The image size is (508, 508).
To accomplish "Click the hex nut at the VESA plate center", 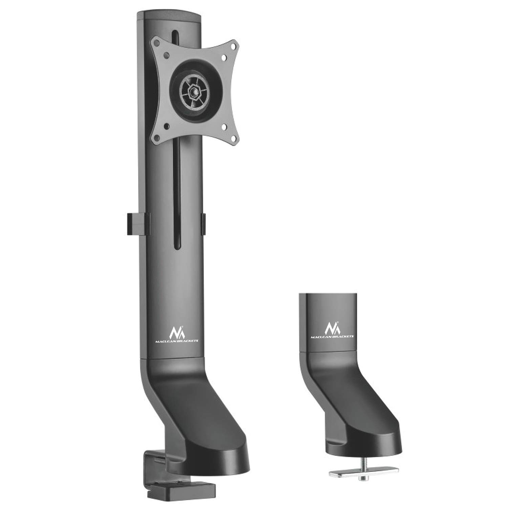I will tap(194, 92).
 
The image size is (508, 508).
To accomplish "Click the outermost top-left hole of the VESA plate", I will tap(156, 44).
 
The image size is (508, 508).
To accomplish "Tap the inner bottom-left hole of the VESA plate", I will tap(166, 126).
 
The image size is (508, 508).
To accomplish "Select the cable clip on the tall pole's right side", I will tap(204, 224).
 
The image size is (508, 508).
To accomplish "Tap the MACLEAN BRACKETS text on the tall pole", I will tap(176, 341).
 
